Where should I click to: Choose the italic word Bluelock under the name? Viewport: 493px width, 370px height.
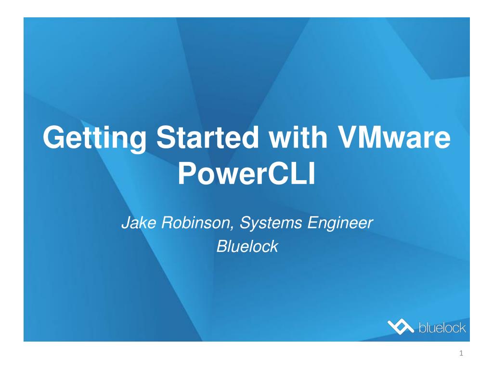(x=247, y=246)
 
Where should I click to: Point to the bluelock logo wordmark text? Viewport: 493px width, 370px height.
(x=442, y=328)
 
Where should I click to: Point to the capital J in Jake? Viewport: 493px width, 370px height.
(x=125, y=223)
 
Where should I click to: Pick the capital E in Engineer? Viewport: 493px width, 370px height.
(x=313, y=223)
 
